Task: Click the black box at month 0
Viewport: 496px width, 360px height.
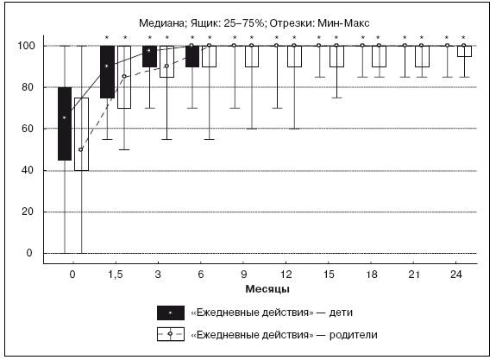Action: click(x=65, y=123)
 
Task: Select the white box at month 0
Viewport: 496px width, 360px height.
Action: click(x=81, y=135)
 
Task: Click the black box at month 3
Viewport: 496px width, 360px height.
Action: click(x=149, y=56)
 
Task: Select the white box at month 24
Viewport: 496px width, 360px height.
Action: click(x=464, y=51)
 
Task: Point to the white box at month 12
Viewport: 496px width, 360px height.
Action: click(x=294, y=56)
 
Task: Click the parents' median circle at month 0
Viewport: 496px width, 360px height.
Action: click(x=81, y=149)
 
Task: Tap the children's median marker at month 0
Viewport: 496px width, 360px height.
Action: click(x=65, y=118)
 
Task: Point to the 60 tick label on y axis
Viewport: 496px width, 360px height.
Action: click(x=28, y=129)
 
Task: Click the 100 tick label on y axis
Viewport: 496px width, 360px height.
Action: click(x=26, y=46)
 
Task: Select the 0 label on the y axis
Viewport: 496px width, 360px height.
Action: click(x=29, y=253)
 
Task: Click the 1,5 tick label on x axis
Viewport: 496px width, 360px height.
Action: click(x=116, y=275)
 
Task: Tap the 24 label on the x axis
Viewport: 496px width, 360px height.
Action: click(x=455, y=275)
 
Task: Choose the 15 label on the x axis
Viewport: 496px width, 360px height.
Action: click(x=329, y=275)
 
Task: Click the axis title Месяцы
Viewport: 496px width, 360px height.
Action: click(x=267, y=289)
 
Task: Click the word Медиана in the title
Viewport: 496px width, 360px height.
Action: click(x=160, y=23)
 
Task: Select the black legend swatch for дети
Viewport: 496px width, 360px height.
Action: click(x=171, y=313)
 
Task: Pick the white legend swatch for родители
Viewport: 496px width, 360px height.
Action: click(x=171, y=334)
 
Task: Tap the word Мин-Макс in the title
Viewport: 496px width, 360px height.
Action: click(x=343, y=23)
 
